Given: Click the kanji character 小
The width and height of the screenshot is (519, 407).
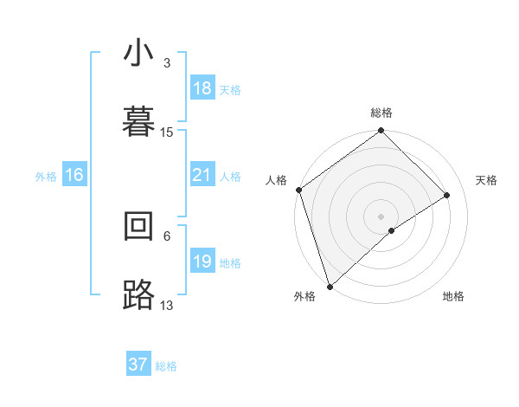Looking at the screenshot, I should coord(138,54).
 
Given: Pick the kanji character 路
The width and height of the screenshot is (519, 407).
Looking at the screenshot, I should coord(138,294).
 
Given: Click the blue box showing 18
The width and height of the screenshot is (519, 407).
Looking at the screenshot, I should coord(202,88).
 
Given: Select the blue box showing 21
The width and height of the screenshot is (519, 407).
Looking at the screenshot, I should coord(202,176).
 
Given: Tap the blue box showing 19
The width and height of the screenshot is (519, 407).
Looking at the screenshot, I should coord(202,262).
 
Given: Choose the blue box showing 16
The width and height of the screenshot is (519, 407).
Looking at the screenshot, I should coord(74,176).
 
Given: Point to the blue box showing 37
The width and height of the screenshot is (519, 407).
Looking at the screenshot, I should coord(138,365).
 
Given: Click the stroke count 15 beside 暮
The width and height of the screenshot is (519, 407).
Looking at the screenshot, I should coord(167,132).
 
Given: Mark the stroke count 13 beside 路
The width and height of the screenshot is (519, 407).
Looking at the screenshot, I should coord(167,305).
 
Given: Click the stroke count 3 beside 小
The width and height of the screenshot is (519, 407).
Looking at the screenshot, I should coord(167,63).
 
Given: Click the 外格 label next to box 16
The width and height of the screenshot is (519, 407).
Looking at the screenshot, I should coord(46,177).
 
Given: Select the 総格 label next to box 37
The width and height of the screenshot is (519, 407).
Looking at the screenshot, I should coord(166,366).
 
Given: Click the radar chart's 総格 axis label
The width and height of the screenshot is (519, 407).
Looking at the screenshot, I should coord(381,113).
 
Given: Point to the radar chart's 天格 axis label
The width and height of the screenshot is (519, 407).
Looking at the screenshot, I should coord(487,180).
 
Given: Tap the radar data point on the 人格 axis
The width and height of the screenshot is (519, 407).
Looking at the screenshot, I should coord(299,190).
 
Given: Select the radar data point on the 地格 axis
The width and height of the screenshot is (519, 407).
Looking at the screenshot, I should coord(392,230).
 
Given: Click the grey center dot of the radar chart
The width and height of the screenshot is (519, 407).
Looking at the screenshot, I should coord(381,216).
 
